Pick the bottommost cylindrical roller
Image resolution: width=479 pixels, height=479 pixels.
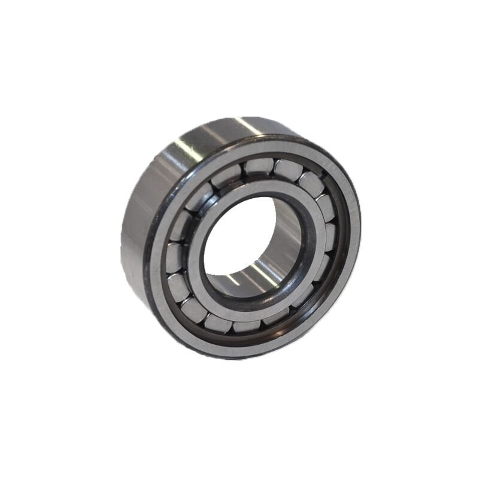(247, 326)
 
